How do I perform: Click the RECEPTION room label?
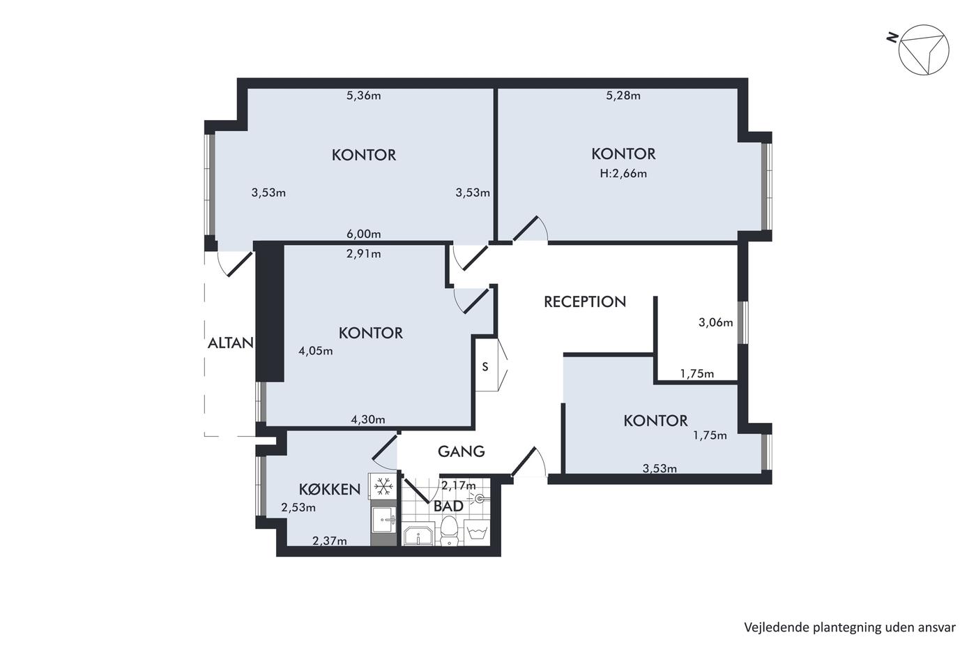coord(585,301)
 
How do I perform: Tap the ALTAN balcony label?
coord(231,343)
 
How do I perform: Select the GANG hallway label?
coord(461,451)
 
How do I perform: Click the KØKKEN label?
coord(329,490)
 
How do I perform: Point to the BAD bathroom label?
coord(448,507)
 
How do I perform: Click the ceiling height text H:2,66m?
coord(623,174)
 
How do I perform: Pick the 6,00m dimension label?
coord(363,234)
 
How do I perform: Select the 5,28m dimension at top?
coord(623,96)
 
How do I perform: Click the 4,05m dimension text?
coord(315,351)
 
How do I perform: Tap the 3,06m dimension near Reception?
coord(715,322)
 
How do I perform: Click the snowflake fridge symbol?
coord(383,486)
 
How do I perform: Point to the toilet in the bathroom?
coord(448,530)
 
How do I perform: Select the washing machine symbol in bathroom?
coord(477,532)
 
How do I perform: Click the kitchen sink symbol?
coord(383,519)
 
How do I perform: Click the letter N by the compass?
coord(892,38)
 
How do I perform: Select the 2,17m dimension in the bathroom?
coord(459,486)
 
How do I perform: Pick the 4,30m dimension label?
coord(368,419)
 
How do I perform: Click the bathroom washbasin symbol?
coord(418,535)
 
